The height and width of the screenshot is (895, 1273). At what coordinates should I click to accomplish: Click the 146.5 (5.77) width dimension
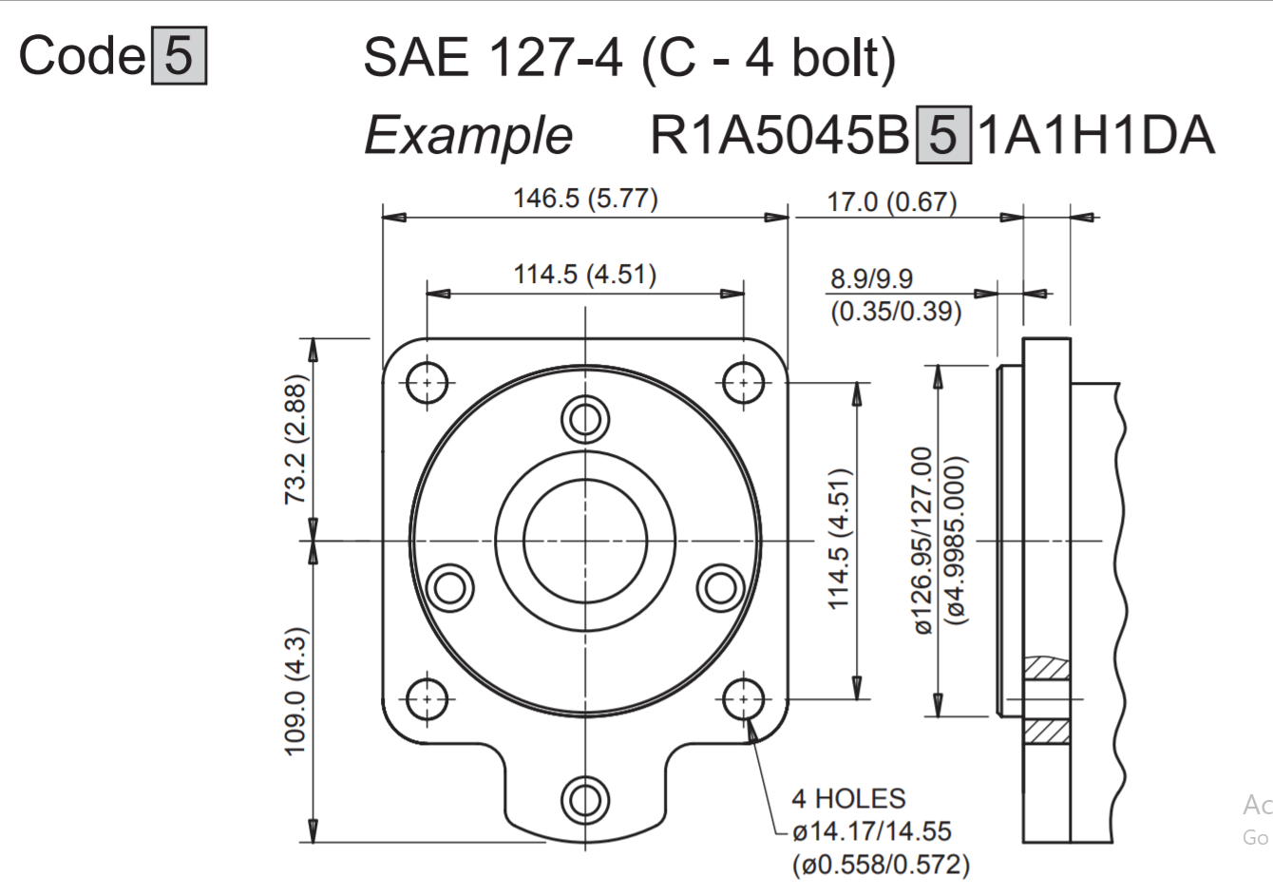(585, 199)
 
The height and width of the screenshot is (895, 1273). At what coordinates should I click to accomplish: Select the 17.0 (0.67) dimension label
(891, 202)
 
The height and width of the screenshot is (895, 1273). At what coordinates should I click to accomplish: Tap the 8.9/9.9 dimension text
(871, 278)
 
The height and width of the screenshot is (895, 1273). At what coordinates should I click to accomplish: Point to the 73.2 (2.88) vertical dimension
(296, 439)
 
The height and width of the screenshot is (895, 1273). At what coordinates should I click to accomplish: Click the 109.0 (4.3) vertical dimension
(296, 691)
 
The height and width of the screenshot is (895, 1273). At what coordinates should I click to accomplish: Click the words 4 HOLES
(848, 799)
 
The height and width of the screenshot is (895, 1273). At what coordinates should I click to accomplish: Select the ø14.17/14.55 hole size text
(871, 831)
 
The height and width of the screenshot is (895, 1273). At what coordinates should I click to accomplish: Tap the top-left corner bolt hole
(427, 383)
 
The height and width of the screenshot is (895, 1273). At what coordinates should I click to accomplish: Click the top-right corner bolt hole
(743, 383)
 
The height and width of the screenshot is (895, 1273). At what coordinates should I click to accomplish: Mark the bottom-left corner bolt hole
(427, 699)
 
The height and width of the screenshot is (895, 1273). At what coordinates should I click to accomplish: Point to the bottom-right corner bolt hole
(743, 699)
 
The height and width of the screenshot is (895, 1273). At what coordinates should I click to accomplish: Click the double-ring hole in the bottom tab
(584, 800)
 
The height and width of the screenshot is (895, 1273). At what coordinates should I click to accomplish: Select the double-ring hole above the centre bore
(584, 418)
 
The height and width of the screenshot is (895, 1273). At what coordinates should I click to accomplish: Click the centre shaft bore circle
(584, 542)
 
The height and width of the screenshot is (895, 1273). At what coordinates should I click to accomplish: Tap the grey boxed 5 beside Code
(179, 56)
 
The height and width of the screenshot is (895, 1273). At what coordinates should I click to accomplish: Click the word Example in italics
(468, 135)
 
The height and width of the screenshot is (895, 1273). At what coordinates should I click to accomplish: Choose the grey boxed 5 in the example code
(942, 136)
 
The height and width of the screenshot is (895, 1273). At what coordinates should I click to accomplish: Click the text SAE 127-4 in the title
(492, 58)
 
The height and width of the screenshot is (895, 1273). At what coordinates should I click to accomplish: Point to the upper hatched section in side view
(1047, 668)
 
